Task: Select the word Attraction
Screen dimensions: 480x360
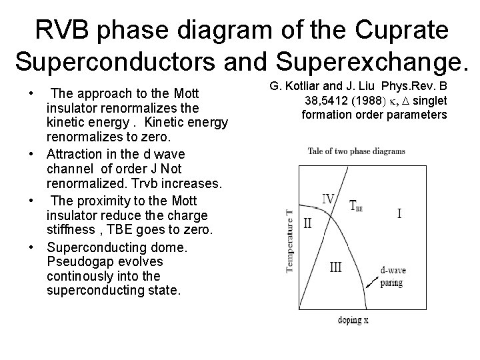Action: coord(74,153)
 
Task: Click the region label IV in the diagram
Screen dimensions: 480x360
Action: coord(329,199)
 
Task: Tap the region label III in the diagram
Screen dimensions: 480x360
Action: coord(336,267)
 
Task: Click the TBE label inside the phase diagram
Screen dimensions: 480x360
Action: coord(357,206)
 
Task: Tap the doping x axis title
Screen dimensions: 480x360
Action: coord(353,320)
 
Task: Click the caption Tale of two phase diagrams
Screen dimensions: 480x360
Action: coord(356,151)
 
